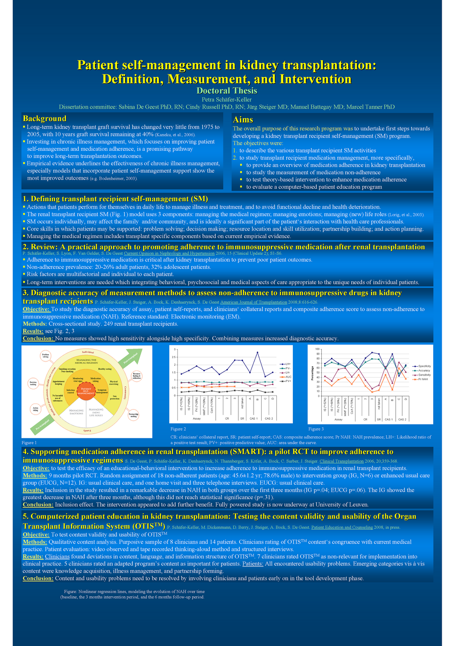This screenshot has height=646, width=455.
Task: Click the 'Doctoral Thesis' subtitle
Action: click(227, 91)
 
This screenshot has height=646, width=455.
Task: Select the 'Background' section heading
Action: click(45, 119)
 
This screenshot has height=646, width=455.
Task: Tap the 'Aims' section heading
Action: click(243, 120)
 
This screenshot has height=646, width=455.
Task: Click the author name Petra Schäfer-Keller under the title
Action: click(227, 100)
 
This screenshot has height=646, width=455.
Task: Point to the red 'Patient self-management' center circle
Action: click(86, 391)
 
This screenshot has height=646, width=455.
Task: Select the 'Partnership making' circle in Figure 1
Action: click(134, 415)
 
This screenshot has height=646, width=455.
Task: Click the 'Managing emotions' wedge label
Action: click(76, 412)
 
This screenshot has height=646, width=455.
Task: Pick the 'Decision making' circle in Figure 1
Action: click(33, 384)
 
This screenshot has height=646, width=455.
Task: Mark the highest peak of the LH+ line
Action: click(257, 352)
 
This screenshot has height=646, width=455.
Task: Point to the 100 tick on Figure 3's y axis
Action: click(317, 350)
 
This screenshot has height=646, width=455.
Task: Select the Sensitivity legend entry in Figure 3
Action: click(423, 375)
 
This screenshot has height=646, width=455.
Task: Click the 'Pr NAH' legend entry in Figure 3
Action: click(421, 379)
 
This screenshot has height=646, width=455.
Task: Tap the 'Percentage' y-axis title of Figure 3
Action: click(312, 372)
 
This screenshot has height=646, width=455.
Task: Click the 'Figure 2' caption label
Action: click(178, 429)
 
